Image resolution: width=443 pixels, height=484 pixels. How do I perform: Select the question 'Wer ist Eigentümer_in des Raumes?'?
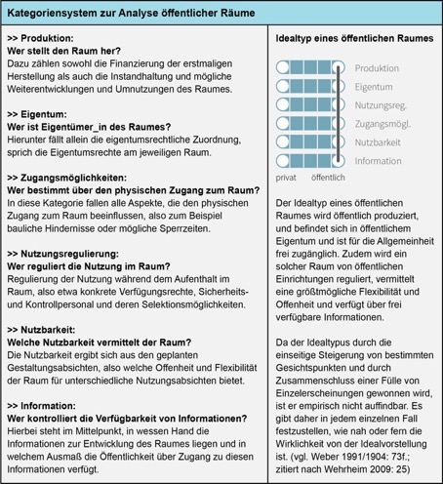(87, 129)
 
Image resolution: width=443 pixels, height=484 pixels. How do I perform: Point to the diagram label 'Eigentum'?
(374, 86)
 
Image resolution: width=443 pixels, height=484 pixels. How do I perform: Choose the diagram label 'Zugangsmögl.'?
(382, 123)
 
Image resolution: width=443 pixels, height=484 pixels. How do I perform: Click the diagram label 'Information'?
(378, 160)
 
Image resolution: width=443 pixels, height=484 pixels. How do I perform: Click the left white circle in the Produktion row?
(284, 67)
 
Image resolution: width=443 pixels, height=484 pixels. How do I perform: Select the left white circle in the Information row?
(284, 160)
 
